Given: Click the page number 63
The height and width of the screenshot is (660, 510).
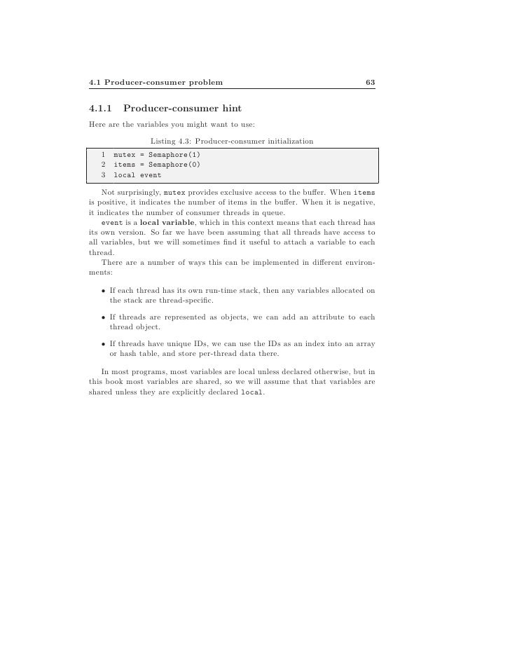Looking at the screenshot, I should tap(371, 83).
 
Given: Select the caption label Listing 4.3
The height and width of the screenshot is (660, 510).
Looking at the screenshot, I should tap(170, 142).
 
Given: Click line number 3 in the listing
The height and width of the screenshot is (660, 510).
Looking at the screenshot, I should tap(103, 175).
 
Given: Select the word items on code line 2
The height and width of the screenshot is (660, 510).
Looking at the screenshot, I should tap(124, 165).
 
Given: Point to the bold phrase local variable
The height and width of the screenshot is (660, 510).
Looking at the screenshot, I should tap(168, 223).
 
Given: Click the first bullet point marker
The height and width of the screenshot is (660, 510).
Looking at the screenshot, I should tap(103, 291).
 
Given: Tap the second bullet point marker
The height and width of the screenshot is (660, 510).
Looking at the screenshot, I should tap(103, 317).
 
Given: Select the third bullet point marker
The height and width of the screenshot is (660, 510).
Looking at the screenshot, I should tap(103, 344).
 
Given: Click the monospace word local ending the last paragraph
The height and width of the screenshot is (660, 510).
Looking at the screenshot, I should tap(252, 392).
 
